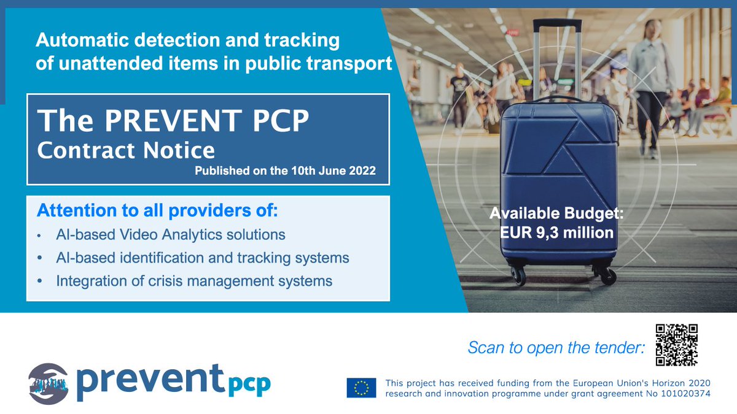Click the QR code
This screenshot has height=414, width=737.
pyautogui.click(x=676, y=345)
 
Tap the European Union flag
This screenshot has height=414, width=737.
pyautogui.click(x=361, y=388)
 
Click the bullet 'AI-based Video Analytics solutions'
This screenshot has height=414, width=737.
pyautogui.click(x=171, y=235)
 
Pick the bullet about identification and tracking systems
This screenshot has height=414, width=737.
pyautogui.click(x=203, y=258)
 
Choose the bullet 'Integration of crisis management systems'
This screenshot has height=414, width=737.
pyautogui.click(x=194, y=282)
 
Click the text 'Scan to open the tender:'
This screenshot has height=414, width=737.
pyautogui.click(x=556, y=348)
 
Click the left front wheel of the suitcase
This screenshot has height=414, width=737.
pyautogui.click(x=518, y=277)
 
